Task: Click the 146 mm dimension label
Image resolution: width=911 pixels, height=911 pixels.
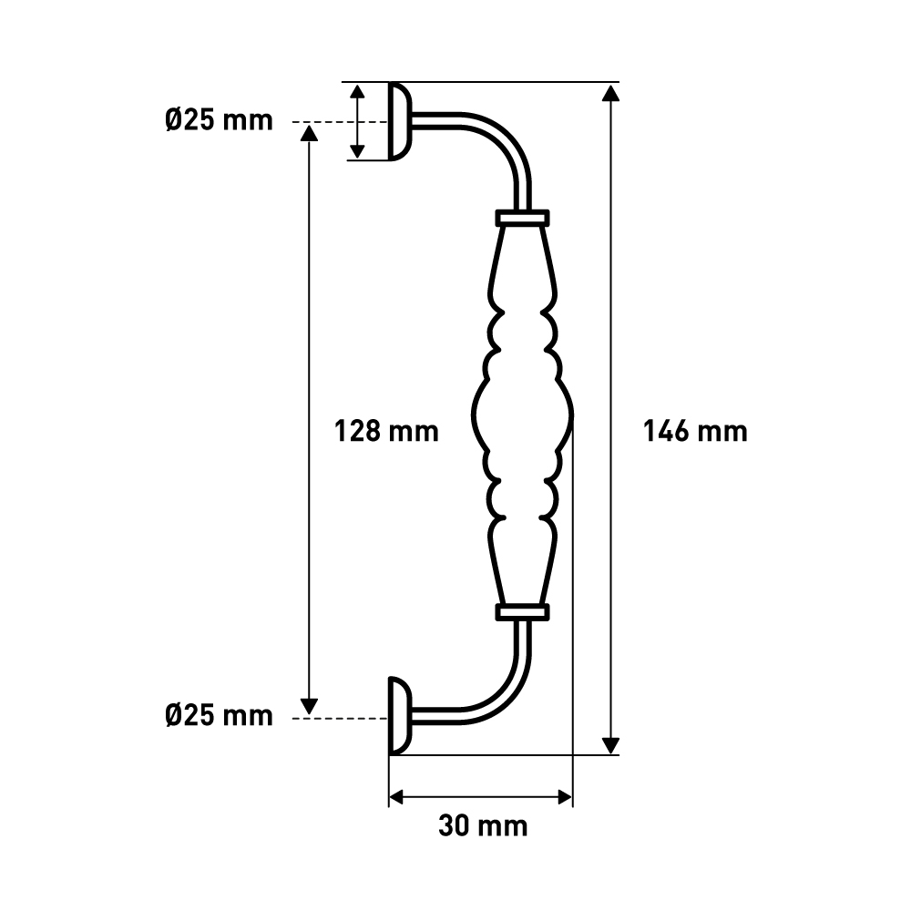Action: tap(695, 432)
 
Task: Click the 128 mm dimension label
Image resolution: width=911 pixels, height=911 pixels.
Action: tap(386, 432)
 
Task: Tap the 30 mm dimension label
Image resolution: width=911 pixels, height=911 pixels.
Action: tap(483, 825)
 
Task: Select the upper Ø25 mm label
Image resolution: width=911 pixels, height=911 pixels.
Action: tap(219, 121)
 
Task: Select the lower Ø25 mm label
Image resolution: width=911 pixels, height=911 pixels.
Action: tap(219, 715)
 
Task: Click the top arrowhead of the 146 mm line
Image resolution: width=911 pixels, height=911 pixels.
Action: tap(610, 93)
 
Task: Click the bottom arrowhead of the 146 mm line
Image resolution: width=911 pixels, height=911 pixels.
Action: tap(610, 745)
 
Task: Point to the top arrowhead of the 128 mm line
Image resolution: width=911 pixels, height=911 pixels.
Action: tap(310, 133)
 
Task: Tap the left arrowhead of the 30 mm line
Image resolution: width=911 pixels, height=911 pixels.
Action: tap(397, 797)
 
